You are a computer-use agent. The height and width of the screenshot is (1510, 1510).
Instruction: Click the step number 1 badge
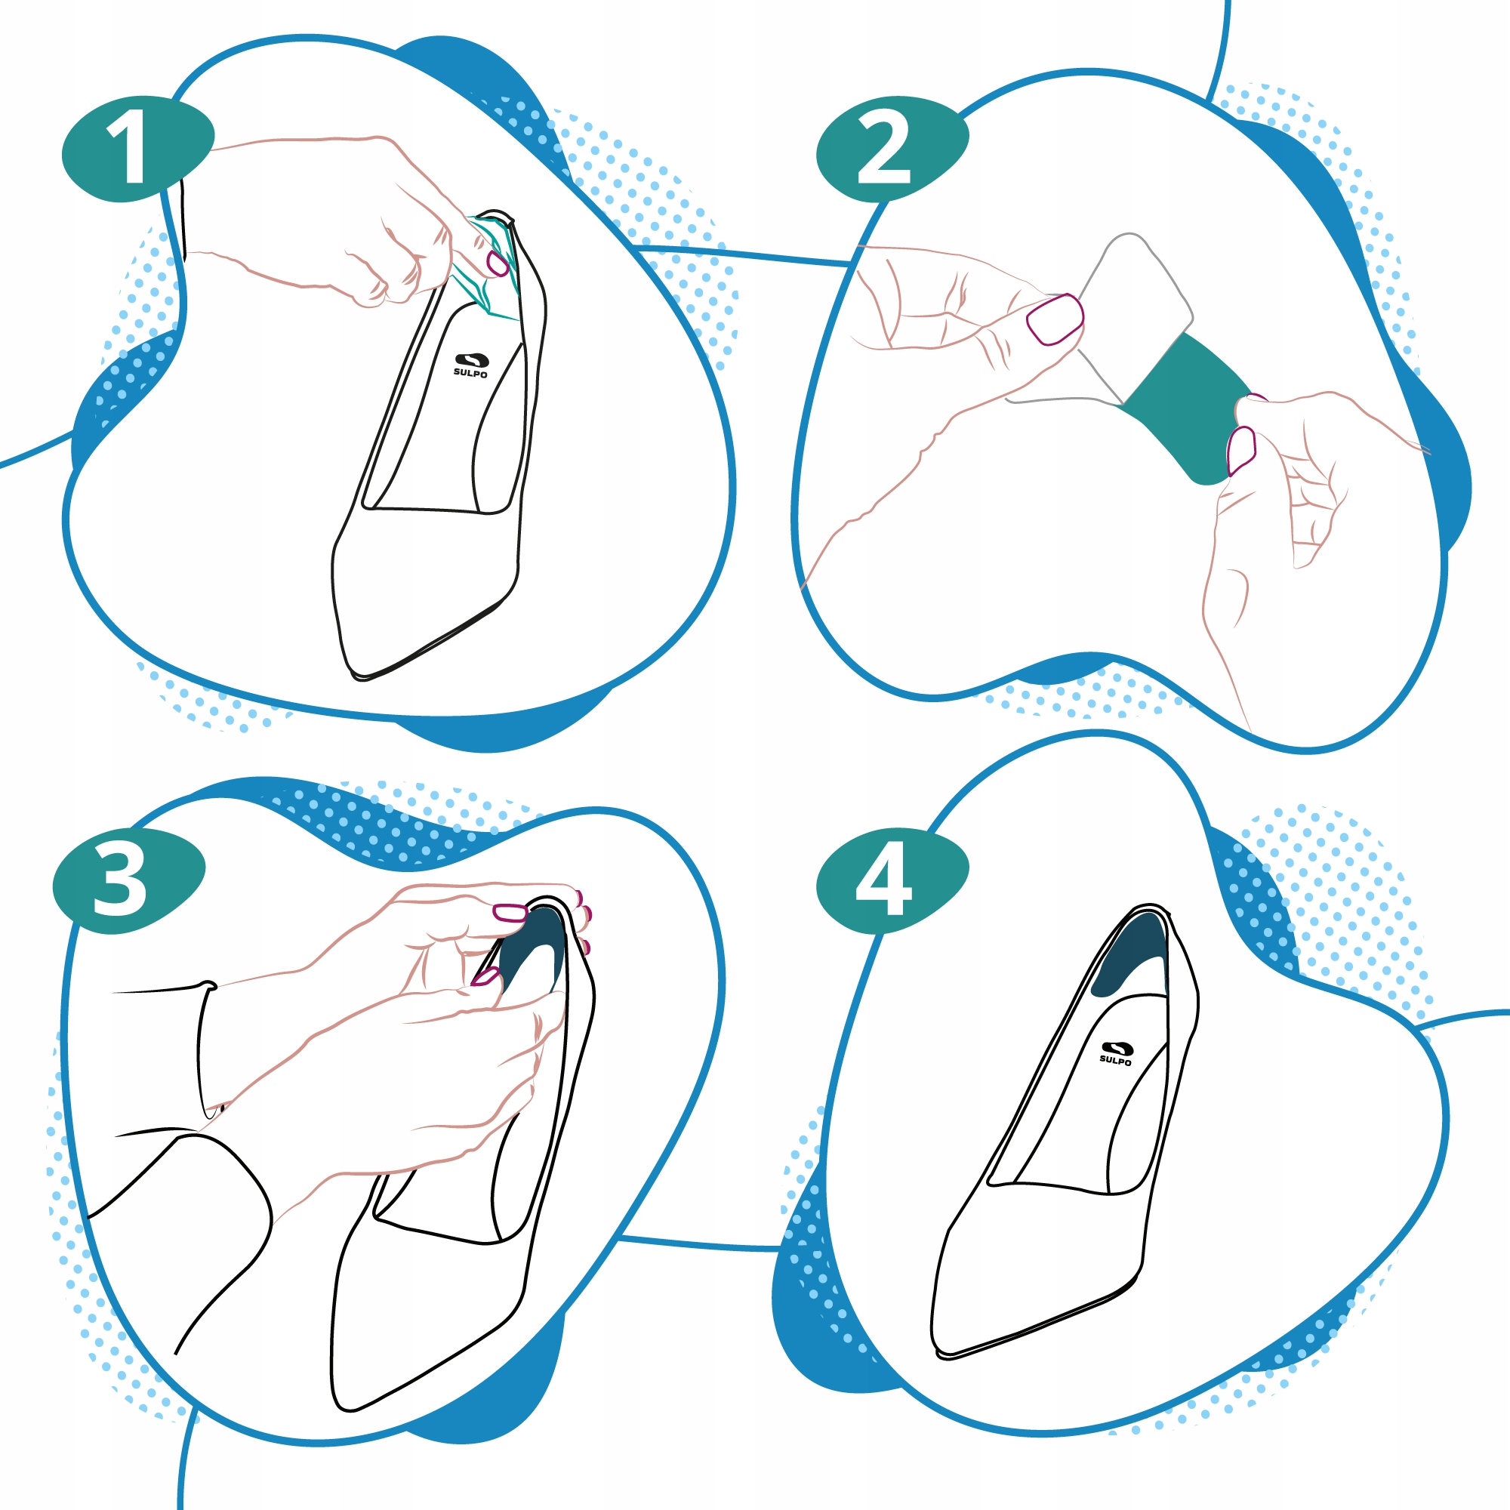tap(137, 149)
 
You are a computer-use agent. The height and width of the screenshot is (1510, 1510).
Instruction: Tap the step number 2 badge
tap(892, 149)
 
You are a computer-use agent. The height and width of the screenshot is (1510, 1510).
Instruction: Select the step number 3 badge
tap(129, 880)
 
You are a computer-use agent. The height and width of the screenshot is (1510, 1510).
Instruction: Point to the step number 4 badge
tap(892, 880)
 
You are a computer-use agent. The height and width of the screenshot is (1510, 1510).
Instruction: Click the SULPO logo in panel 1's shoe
tap(470, 365)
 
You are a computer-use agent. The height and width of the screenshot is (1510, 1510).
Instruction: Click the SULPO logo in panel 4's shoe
tap(1115, 1052)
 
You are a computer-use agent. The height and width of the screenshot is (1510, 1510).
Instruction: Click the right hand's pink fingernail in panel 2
tap(1241, 450)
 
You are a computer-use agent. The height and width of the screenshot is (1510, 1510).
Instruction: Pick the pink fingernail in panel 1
tap(498, 263)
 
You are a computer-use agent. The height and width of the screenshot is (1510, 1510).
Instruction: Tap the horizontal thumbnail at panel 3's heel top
tap(510, 912)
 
